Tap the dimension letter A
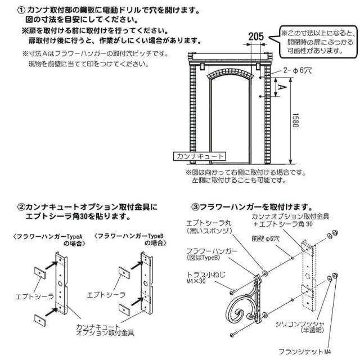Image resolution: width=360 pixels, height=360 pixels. click(282, 87)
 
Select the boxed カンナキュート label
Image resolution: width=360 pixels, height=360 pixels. click(199, 156)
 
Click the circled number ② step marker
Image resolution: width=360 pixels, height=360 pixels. click(21, 207)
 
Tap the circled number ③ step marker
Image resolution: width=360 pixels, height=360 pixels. click(196, 208)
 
